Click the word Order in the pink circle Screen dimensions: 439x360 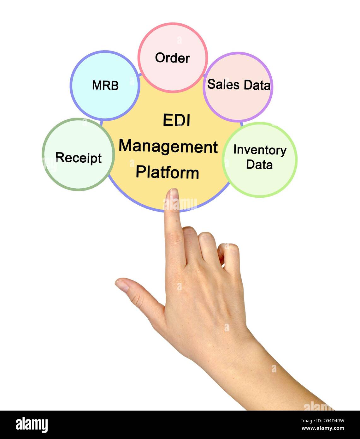172,58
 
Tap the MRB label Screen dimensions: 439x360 105,85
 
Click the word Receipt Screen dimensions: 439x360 78,158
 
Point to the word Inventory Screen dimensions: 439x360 260,150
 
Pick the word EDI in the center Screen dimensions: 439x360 176,120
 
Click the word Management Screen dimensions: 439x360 168,147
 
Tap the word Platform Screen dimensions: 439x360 167,172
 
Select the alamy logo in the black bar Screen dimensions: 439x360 32,425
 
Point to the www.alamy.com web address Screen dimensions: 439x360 323,429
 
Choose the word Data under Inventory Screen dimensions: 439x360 259,165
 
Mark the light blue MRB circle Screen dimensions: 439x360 105,101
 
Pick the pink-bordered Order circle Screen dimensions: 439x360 173,76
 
